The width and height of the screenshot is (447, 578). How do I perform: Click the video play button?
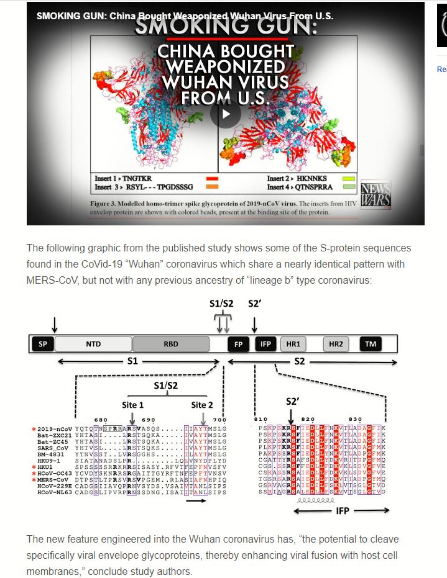coord(225,114)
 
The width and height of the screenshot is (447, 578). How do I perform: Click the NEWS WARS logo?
coord(376,192)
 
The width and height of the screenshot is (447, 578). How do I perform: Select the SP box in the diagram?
coord(43,343)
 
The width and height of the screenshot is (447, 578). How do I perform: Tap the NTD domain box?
coord(93,343)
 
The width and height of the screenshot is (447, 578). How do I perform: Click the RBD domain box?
coord(170,343)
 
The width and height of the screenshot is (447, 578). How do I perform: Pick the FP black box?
coord(238,343)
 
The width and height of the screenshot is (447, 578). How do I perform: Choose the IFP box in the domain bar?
coord(265,343)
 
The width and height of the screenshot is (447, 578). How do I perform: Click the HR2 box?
coord(336,343)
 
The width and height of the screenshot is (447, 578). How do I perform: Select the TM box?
coord(371,343)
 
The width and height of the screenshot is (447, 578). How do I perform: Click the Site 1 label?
coord(132,405)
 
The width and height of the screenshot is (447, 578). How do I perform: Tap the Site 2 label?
coord(202,405)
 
